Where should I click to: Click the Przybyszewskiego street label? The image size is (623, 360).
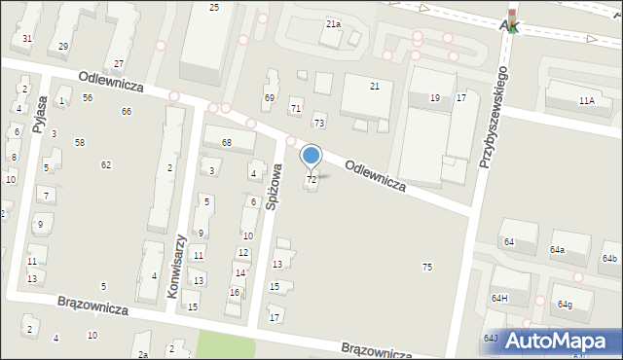[491, 116]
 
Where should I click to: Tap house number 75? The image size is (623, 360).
[426, 267]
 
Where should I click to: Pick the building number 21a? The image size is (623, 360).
[333, 23]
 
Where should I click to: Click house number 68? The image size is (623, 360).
[225, 144]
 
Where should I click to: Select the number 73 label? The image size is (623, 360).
[319, 123]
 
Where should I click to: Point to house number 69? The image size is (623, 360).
[270, 98]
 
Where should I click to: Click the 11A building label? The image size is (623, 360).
[586, 101]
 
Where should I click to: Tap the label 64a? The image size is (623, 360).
[557, 250]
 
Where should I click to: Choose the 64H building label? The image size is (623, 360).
[499, 298]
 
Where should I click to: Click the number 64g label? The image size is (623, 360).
[565, 305]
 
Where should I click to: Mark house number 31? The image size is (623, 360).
[27, 39]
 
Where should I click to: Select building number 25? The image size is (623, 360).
[214, 8]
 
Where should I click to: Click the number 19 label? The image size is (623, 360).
[435, 98]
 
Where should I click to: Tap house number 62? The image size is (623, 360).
[106, 164]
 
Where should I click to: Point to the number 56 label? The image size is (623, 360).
[88, 98]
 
